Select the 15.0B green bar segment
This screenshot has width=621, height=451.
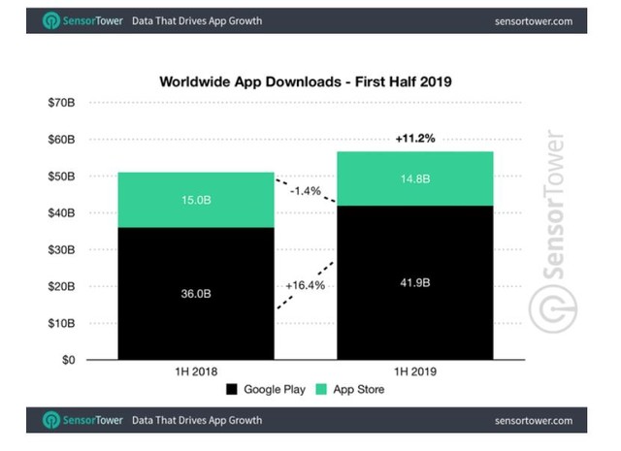(x=182, y=200)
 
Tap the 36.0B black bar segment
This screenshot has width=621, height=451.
(x=182, y=293)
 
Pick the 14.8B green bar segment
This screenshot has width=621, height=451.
(x=402, y=179)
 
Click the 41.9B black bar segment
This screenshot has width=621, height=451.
(x=402, y=282)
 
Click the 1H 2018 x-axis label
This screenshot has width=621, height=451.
(x=182, y=373)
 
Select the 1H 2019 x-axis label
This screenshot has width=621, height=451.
(x=402, y=373)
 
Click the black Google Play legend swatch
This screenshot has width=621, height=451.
(x=230, y=390)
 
